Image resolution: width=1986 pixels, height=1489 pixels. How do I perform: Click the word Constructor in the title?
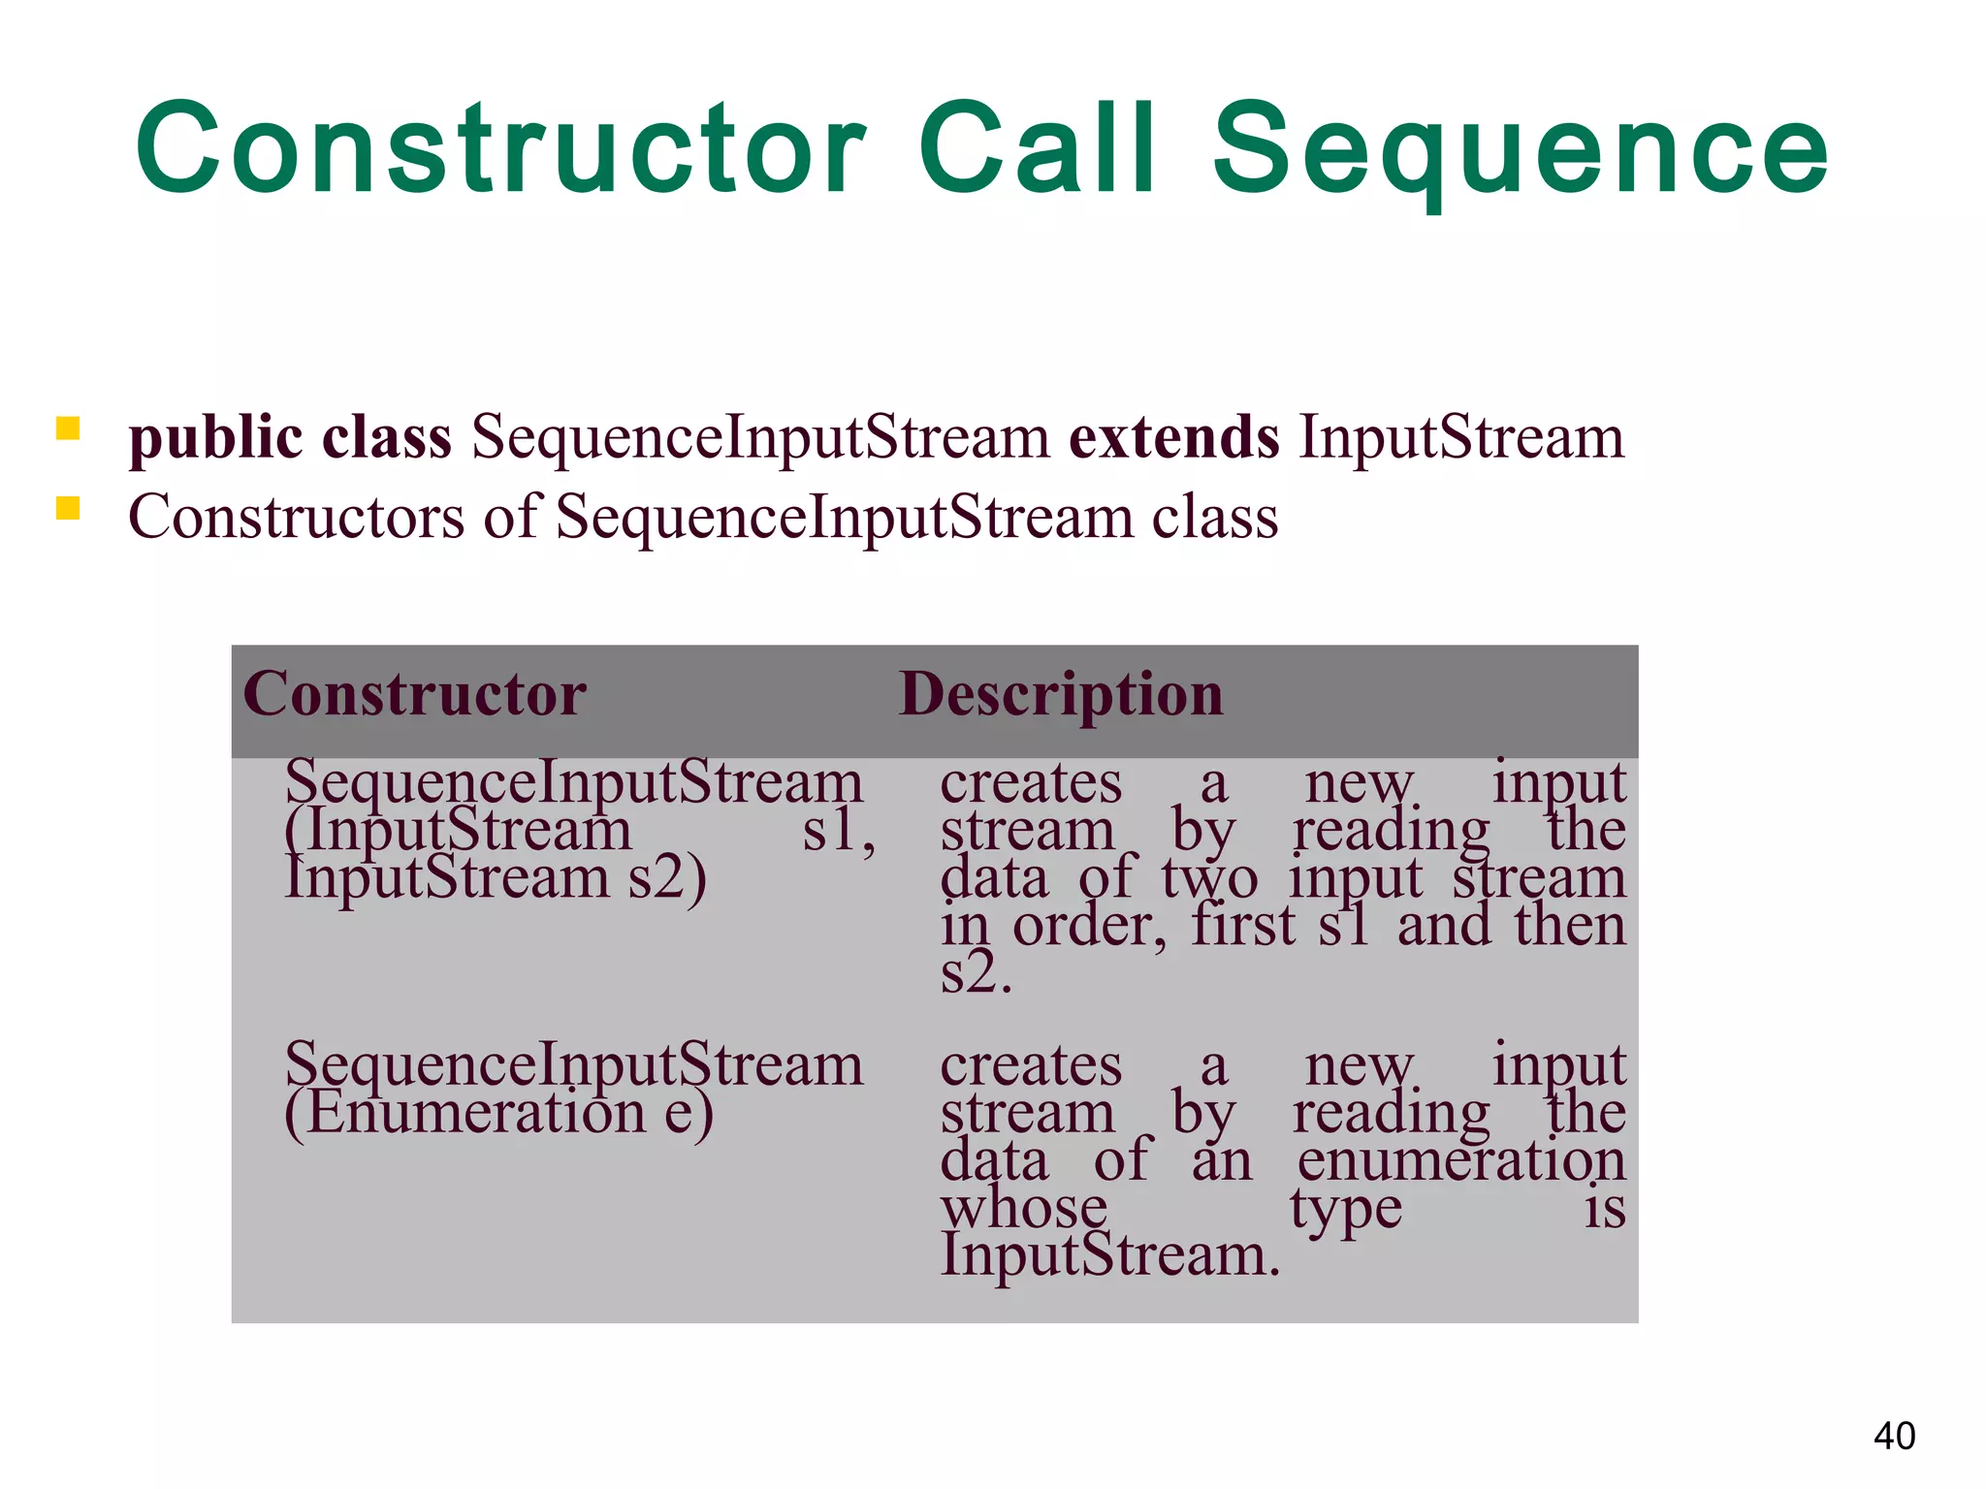499,150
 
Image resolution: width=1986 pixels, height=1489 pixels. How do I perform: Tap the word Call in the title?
1037,150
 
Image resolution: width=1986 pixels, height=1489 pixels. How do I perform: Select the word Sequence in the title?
1520,155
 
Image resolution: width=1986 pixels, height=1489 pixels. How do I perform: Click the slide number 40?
1894,1436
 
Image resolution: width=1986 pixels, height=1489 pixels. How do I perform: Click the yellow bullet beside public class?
67,428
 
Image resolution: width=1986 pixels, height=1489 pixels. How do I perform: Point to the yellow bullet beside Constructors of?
67,509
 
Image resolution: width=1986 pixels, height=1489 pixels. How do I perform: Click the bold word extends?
1173,437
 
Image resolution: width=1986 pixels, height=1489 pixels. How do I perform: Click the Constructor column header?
415,694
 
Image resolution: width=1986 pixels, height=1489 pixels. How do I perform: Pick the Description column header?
1061,696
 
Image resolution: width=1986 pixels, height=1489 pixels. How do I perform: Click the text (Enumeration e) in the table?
498,1113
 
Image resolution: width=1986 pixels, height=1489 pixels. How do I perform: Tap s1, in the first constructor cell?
839,832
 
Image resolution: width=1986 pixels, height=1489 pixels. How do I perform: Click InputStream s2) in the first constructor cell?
496,878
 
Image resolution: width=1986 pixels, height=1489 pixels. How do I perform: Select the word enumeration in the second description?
1460,1160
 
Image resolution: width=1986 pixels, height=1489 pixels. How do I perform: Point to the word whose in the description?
1024,1208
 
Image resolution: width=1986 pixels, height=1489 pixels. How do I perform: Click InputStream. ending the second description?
1110,1255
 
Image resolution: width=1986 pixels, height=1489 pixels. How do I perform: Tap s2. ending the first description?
976,973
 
